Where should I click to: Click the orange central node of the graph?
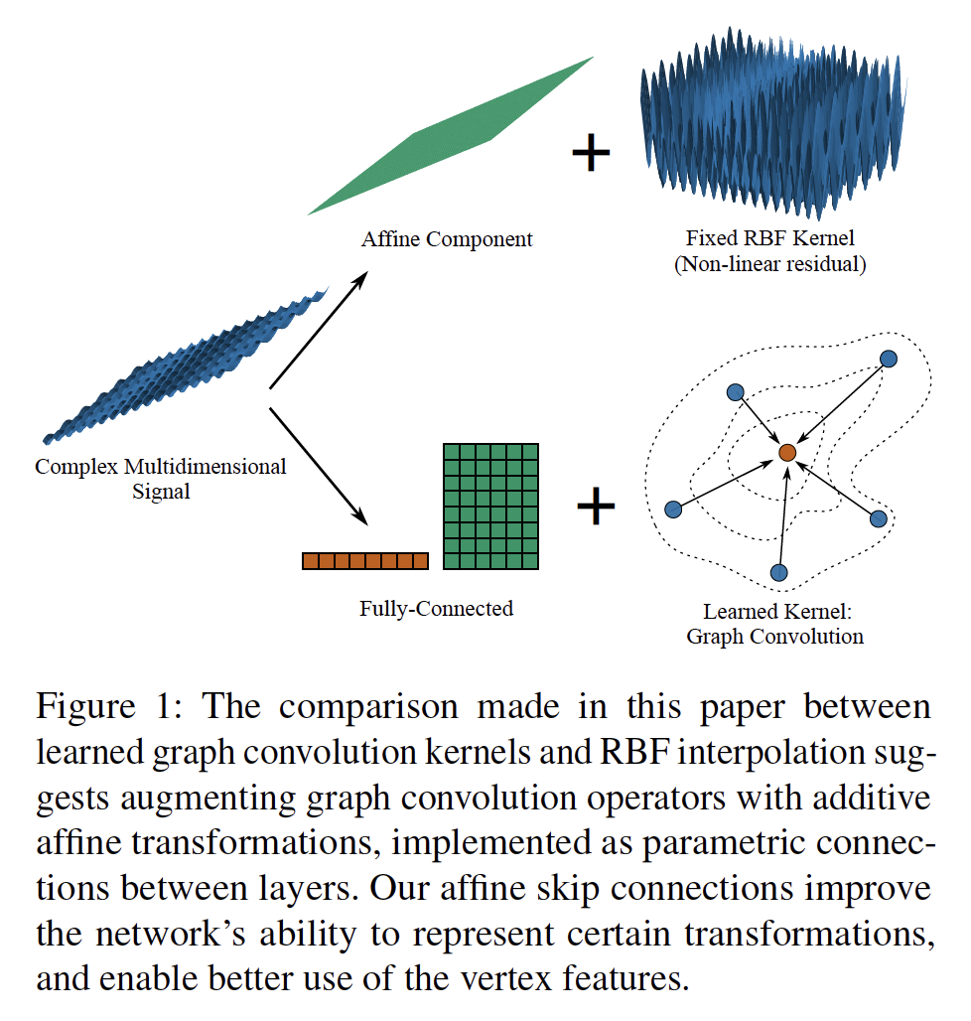[x=787, y=452]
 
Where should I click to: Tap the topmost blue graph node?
[x=890, y=359]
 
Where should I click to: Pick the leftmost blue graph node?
[x=672, y=509]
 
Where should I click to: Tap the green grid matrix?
[x=489, y=507]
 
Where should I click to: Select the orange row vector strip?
[x=364, y=561]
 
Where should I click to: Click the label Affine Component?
[x=447, y=239]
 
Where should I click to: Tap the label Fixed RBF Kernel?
[x=769, y=239]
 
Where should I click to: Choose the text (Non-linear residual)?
[x=769, y=265]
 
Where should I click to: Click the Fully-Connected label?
[x=436, y=608]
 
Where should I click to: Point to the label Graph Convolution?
[x=774, y=637]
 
